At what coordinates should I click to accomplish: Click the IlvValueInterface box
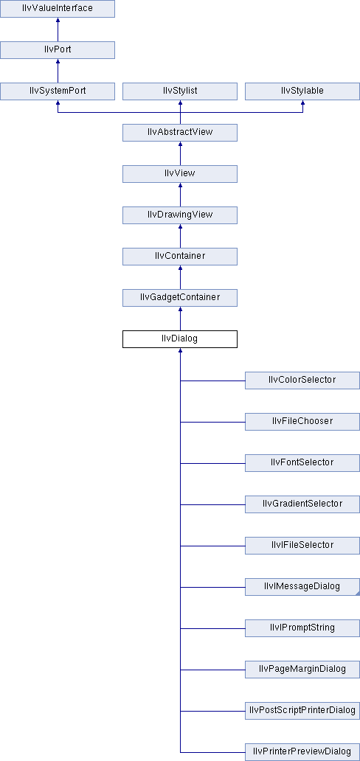[58, 9]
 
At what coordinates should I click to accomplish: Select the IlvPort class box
[58, 50]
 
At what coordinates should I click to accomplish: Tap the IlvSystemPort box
[58, 91]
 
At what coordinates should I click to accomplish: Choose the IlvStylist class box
[180, 91]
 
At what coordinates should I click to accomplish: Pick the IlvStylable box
[302, 91]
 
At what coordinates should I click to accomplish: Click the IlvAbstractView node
[180, 133]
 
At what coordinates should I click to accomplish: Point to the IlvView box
[180, 174]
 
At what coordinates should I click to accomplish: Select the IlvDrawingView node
[180, 215]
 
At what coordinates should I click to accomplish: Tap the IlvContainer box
[180, 257]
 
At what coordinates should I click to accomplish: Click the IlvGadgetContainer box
[180, 297]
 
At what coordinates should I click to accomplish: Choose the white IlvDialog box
[180, 338]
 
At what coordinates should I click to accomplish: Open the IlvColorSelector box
[302, 380]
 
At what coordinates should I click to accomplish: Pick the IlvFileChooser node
[302, 421]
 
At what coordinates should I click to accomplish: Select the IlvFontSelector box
[302, 462]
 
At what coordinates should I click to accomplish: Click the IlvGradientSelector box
[302, 504]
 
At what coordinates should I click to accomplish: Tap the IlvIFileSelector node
[302, 545]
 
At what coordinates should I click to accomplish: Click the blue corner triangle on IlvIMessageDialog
[358, 593]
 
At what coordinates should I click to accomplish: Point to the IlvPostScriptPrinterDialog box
[302, 710]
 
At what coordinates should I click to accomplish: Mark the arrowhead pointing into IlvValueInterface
[58, 21]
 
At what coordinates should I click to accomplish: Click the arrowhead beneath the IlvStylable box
[302, 103]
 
